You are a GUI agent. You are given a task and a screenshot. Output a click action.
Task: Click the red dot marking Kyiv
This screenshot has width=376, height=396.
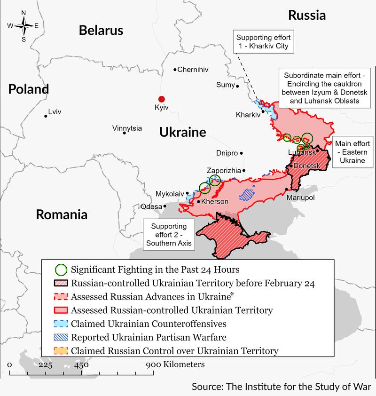[x=161, y=99]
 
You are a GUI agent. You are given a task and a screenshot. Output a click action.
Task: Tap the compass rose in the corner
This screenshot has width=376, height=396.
[x=23, y=26]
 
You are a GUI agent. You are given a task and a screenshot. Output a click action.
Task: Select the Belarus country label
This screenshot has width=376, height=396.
[x=101, y=31]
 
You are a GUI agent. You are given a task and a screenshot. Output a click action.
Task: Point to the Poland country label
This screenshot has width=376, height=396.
[x=28, y=89]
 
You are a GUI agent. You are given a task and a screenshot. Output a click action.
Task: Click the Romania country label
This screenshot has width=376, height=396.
[x=62, y=215]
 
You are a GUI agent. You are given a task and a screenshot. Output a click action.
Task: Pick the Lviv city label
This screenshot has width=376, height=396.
[x=55, y=112]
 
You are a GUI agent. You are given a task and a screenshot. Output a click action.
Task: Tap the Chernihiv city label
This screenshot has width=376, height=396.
[x=193, y=70]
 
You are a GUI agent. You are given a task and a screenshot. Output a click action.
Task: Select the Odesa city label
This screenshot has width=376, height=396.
[x=151, y=206]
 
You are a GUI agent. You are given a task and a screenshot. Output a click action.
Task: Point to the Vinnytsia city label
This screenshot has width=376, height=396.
[x=127, y=128]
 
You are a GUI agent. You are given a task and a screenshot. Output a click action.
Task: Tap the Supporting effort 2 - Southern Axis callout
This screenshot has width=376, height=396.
[x=169, y=235]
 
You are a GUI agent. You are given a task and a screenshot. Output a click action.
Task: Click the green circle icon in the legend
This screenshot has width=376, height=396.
[x=60, y=270]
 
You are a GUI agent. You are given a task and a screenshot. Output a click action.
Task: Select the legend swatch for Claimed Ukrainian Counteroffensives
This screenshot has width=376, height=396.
[x=60, y=324]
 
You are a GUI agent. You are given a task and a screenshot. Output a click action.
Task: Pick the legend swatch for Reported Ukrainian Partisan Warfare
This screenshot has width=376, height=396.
[x=60, y=337]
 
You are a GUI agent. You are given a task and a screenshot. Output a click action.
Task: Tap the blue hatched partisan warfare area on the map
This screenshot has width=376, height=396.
[x=246, y=193]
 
